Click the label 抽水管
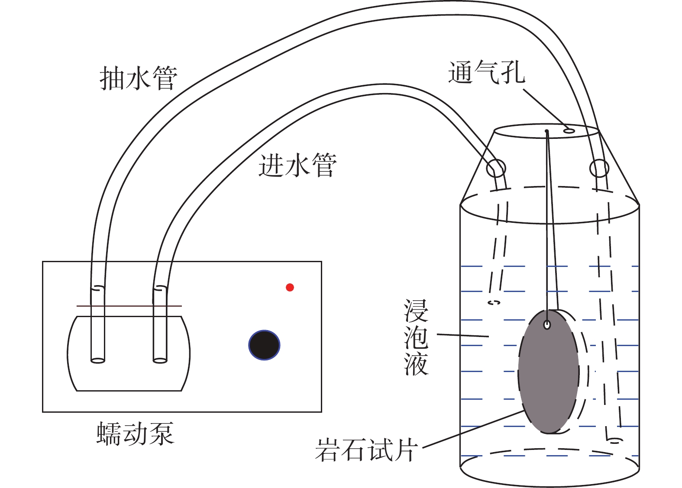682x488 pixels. (139, 78)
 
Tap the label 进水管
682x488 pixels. (297, 165)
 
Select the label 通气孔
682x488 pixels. (487, 72)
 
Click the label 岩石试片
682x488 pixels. (366, 450)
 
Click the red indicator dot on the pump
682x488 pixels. (290, 287)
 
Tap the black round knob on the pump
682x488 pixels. (264, 345)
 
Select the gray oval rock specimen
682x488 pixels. (548, 372)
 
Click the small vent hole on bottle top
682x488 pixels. (569, 131)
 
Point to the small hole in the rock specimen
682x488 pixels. (547, 325)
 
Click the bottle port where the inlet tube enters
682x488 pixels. (496, 168)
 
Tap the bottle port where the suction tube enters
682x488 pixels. (599, 168)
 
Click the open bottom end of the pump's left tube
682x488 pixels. (98, 361)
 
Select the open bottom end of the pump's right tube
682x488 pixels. (160, 361)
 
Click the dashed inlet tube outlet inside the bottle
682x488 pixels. (494, 302)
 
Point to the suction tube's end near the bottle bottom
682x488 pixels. (614, 441)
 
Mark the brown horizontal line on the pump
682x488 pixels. (129, 306)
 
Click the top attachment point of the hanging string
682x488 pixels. (547, 132)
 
